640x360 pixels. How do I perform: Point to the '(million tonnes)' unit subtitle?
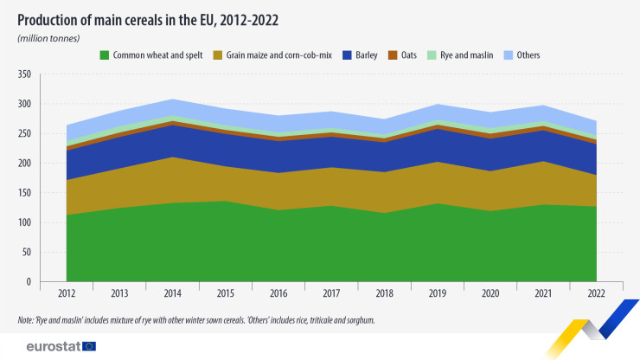pyautogui.click(x=48, y=38)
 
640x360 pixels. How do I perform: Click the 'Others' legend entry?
pyautogui.click(x=523, y=55)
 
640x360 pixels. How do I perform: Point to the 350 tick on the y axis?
pyautogui.click(x=23, y=74)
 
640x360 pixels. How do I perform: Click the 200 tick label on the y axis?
pyautogui.click(x=23, y=164)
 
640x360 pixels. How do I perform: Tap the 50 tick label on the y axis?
pyautogui.click(x=26, y=252)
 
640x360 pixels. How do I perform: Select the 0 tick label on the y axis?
pyautogui.click(x=29, y=282)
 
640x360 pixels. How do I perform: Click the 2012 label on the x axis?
pyautogui.click(x=66, y=294)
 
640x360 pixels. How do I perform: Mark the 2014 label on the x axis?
pyautogui.click(x=172, y=294)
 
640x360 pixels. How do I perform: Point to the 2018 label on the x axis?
pyautogui.click(x=384, y=294)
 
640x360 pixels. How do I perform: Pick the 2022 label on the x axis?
pyautogui.click(x=596, y=294)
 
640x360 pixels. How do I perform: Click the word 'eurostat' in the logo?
pyautogui.click(x=48, y=346)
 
